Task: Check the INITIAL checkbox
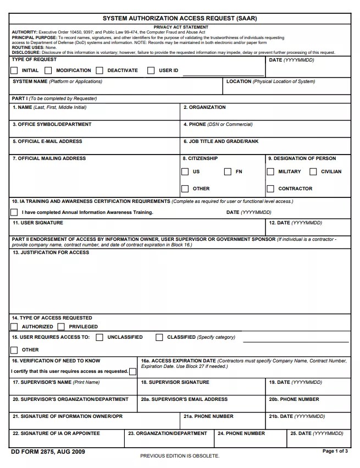tap(14, 70)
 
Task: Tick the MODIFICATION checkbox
tap(48, 70)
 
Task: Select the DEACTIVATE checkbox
tap(99, 70)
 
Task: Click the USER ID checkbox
tap(151, 70)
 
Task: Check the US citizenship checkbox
tap(185, 172)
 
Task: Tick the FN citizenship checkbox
tap(228, 172)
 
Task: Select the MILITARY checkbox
tap(270, 172)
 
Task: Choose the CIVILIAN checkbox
tap(313, 172)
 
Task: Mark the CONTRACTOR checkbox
tap(270, 189)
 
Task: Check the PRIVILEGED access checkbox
tap(61, 327)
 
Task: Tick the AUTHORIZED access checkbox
tap(14, 327)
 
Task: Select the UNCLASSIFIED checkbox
tap(99, 337)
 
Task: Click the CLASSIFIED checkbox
tap(159, 337)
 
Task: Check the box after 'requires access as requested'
tap(132, 371)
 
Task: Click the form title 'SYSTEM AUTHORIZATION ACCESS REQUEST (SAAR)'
tap(180, 18)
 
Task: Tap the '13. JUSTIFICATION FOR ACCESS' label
tap(51, 252)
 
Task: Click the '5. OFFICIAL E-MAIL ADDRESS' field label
tap(47, 141)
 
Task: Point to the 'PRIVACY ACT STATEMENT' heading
tap(181, 27)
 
